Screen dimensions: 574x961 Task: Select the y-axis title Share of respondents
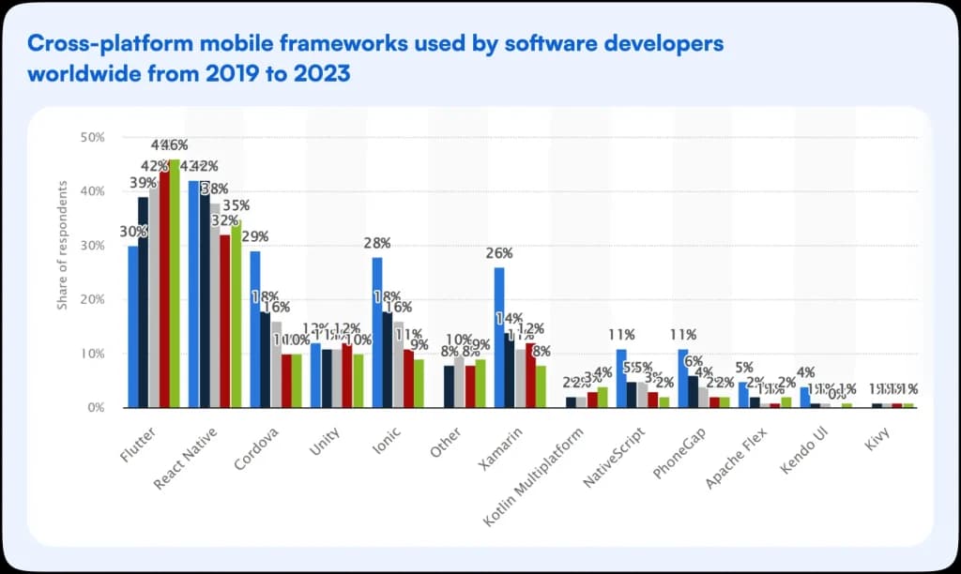(63, 244)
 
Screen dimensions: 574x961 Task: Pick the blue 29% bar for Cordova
(255, 329)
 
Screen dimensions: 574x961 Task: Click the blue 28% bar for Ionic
(377, 332)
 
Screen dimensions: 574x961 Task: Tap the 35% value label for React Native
(236, 205)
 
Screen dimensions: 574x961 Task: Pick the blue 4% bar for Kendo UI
(804, 397)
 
